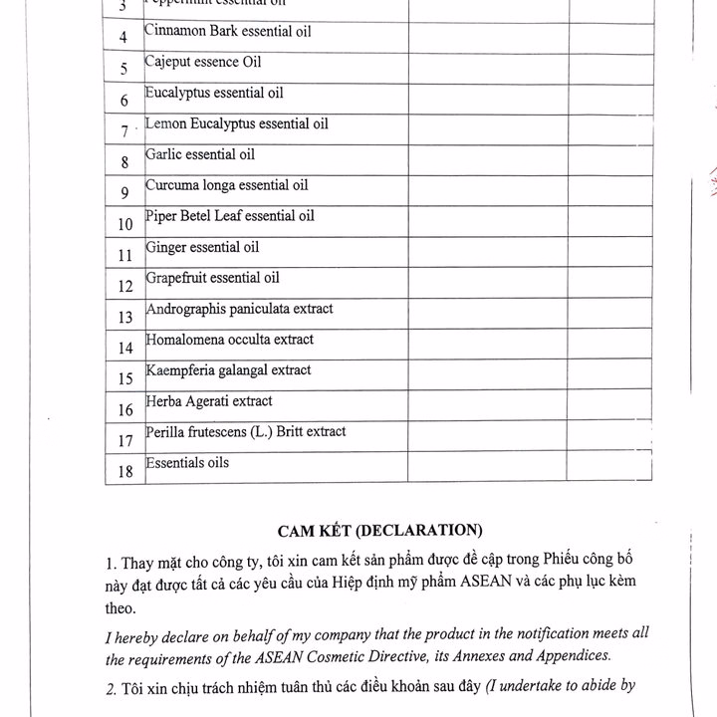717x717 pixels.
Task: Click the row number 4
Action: [x=123, y=38]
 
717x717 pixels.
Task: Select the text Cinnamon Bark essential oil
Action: [x=227, y=32]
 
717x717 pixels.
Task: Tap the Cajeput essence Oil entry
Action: [x=203, y=62]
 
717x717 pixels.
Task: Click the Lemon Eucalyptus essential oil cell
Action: [x=236, y=123]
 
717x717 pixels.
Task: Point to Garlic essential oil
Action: [x=199, y=154]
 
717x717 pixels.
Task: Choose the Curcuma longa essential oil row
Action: [x=226, y=185]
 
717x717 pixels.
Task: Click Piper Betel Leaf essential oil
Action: [x=229, y=216]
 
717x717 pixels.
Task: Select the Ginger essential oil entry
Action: [x=201, y=247]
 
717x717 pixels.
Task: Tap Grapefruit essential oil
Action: [x=212, y=278]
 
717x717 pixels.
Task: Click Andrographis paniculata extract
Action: [x=239, y=309]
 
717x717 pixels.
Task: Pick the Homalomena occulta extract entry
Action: [x=229, y=340]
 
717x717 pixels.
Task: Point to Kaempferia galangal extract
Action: [x=228, y=370]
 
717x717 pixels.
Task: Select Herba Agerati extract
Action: [x=208, y=401]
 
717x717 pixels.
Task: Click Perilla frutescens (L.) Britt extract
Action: [x=245, y=432]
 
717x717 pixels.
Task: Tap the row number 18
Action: [x=125, y=472]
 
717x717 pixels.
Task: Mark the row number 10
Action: [x=124, y=224]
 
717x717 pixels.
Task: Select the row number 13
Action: [x=124, y=318]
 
